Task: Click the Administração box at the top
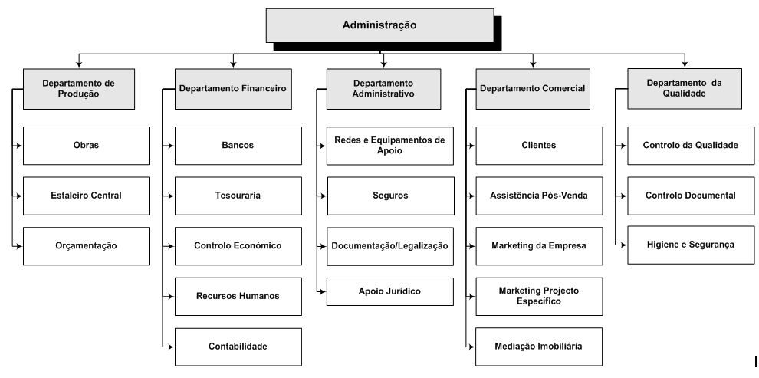tap(380, 25)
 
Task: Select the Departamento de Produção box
tap(79, 89)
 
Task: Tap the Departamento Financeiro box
tap(233, 89)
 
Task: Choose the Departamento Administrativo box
tap(383, 89)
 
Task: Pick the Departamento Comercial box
tap(533, 89)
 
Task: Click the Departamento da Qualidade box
tap(685, 89)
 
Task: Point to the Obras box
tap(86, 145)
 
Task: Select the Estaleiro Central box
tap(86, 196)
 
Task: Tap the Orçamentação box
tap(86, 246)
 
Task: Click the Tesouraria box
tap(238, 196)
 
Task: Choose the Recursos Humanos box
tap(238, 296)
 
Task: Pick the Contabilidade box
tap(238, 347)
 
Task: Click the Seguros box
tap(391, 196)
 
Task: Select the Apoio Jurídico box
tap(390, 291)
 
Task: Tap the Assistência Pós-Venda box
tap(539, 196)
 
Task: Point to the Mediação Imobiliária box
tap(539, 347)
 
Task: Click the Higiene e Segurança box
tap(691, 245)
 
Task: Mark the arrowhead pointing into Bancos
tap(171, 145)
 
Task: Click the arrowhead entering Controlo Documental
tap(624, 196)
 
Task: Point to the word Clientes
tap(539, 145)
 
